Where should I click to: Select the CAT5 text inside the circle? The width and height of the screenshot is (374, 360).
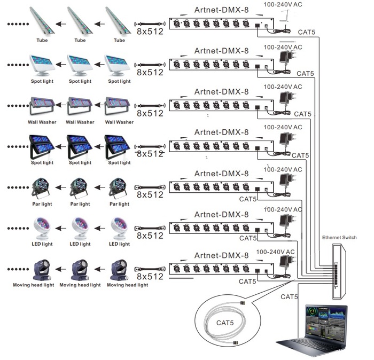click(225, 323)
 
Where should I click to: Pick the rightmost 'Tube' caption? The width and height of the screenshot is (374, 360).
click(119, 40)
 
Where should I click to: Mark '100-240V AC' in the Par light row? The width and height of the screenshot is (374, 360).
click(283, 169)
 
